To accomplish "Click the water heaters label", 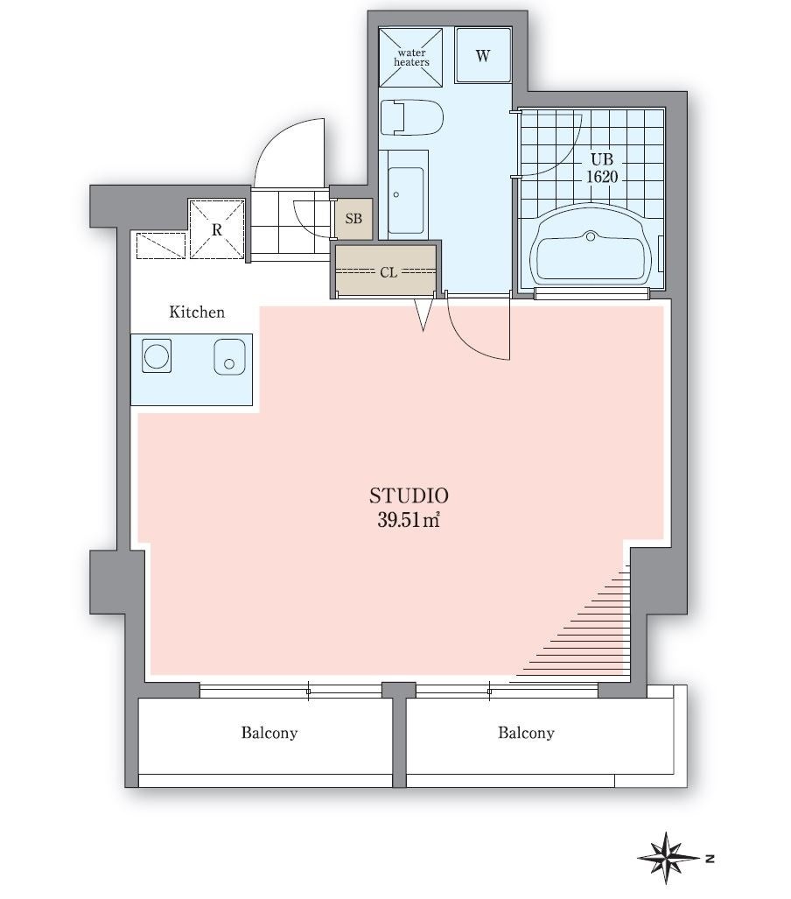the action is (x=411, y=57).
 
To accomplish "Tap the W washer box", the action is (x=483, y=56).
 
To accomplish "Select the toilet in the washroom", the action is (x=411, y=118).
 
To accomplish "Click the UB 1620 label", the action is (x=602, y=167).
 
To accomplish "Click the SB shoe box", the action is (x=353, y=219).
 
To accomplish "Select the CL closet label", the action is (x=388, y=273).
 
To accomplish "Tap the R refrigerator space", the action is (x=217, y=228).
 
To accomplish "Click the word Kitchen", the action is (x=197, y=312).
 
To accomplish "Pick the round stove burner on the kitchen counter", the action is (x=157, y=355).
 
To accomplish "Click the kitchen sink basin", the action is (x=229, y=356).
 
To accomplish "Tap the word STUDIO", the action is (x=409, y=495).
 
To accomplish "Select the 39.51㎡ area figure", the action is (x=408, y=519).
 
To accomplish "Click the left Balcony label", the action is (x=269, y=733).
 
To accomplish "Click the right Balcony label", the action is (x=526, y=733).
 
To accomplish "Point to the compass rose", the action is (x=668, y=859).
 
